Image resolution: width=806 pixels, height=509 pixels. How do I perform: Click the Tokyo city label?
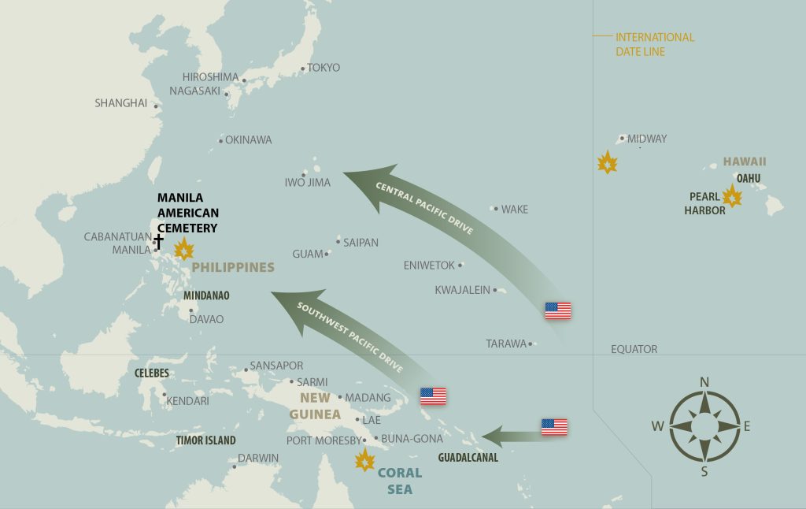pyautogui.click(x=324, y=68)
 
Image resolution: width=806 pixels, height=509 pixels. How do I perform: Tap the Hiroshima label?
pyautogui.click(x=210, y=77)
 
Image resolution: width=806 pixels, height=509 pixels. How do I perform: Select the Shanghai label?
pyautogui.click(x=120, y=103)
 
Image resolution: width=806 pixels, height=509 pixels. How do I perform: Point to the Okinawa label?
pyautogui.click(x=248, y=140)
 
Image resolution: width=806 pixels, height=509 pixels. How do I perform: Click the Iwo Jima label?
pyautogui.click(x=307, y=183)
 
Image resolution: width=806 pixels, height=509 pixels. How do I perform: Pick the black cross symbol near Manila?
pyautogui.click(x=158, y=240)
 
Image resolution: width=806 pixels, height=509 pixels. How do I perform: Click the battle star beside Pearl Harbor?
pyautogui.click(x=732, y=196)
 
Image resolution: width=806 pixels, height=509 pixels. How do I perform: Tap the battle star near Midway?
pyautogui.click(x=607, y=163)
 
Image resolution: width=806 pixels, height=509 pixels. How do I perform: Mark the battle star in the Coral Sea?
pyautogui.click(x=364, y=460)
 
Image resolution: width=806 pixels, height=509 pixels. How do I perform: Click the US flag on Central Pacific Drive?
pyautogui.click(x=558, y=310)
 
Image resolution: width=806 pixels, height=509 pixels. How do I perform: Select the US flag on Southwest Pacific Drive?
pyautogui.click(x=433, y=396)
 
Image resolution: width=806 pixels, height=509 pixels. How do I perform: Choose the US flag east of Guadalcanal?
pyautogui.click(x=554, y=427)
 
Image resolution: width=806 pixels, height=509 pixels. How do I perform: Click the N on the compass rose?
pyautogui.click(x=704, y=382)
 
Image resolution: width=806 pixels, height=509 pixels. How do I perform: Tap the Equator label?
pyautogui.click(x=634, y=349)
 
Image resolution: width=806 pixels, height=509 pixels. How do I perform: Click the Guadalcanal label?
pyautogui.click(x=468, y=457)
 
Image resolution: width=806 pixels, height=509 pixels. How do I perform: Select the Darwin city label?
pyautogui.click(x=258, y=458)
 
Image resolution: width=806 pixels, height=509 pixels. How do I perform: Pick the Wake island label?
pyautogui.click(x=515, y=210)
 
